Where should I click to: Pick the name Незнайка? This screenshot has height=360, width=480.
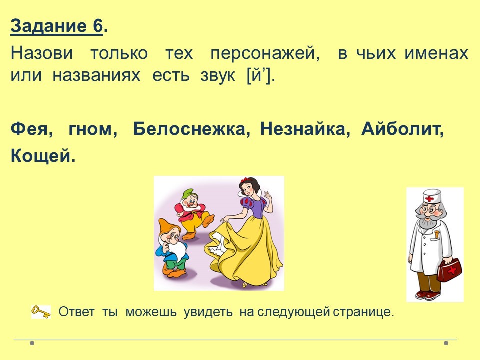(305, 129)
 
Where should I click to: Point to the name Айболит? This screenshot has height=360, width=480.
(402, 129)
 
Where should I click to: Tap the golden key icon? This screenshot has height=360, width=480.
(41, 312)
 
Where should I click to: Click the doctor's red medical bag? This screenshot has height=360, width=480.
(450, 269)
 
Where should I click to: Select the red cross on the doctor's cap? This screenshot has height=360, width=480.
(430, 199)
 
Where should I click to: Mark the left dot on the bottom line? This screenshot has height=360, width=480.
(32, 343)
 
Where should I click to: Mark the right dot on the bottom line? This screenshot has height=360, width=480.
(446, 343)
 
